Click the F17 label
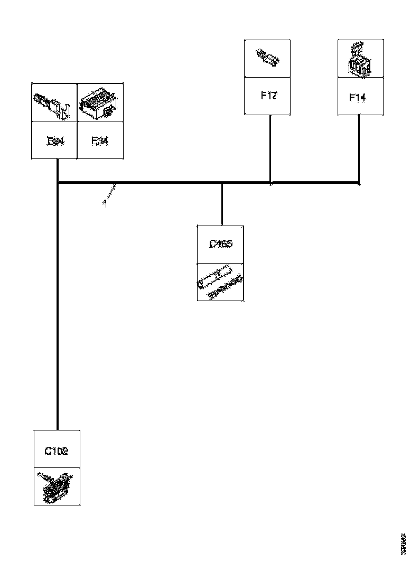coord(269,96)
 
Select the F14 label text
coord(358,97)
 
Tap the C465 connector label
coord(221,244)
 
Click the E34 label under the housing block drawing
coord(100,141)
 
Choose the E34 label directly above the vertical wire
coord(55,141)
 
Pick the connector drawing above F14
coord(360,59)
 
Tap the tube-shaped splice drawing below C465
coord(220,283)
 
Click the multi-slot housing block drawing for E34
coord(100,102)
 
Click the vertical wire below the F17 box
coord(270,148)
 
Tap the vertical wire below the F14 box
coord(359,148)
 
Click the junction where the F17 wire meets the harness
coord(270,184)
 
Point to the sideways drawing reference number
coord(403,542)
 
